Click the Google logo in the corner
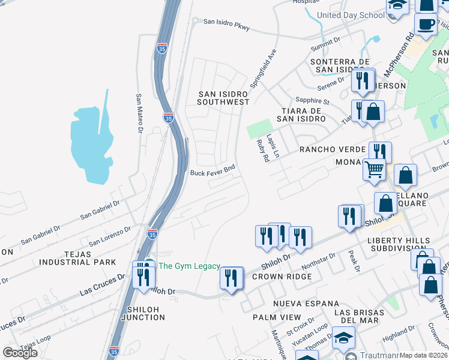[x=20, y=353]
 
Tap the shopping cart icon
[x=374, y=170]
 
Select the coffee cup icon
[x=426, y=25]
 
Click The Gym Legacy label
[x=190, y=266]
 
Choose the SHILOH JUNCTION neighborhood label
[x=142, y=313]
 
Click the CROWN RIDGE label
[x=282, y=277]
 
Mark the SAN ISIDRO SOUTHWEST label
[x=224, y=98]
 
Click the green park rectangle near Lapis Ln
[x=259, y=128]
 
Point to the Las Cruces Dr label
[x=103, y=286]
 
